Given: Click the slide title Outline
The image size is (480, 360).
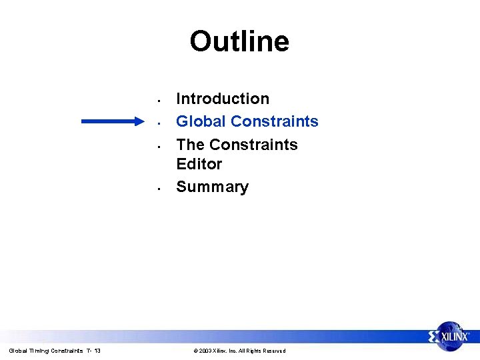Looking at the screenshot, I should pos(239,41).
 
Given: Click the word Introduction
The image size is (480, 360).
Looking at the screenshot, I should pos(223,99).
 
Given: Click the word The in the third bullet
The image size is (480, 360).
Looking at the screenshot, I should pos(190,145).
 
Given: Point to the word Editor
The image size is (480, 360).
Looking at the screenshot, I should pos(199,164).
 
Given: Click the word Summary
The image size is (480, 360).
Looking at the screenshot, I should pos(212,187).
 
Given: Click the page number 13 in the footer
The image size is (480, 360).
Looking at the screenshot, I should pos(97,351).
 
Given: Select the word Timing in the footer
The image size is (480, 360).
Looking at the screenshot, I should pos(34,351).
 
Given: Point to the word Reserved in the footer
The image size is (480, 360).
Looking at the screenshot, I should pos(273,351).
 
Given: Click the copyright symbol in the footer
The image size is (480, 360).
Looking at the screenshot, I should pos(195,351).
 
